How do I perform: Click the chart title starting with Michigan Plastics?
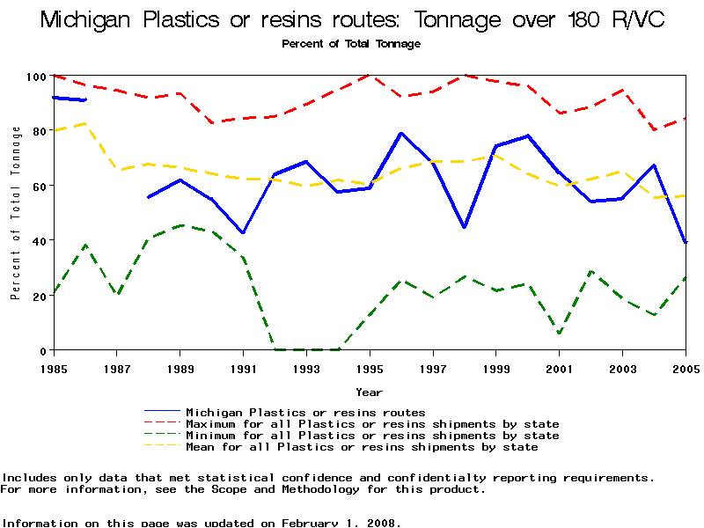pyautogui.click(x=351, y=19)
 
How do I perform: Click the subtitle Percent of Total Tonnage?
pyautogui.click(x=351, y=44)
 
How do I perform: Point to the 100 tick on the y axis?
pyautogui.click(x=34, y=77)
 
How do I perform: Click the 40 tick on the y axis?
pyautogui.click(x=38, y=240)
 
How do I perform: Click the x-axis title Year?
pyautogui.click(x=369, y=392)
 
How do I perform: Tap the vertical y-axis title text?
pyautogui.click(x=16, y=213)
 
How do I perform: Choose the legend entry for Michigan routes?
pyautogui.click(x=305, y=412)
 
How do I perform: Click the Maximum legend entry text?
pyautogui.click(x=372, y=424)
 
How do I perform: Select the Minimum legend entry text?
pyautogui.click(x=372, y=436)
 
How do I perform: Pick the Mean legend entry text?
pyautogui.click(x=362, y=447)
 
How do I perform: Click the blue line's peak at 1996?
pyautogui.click(x=401, y=134)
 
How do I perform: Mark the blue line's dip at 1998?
pyautogui.click(x=464, y=227)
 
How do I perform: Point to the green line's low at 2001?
pyautogui.click(x=559, y=333)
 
